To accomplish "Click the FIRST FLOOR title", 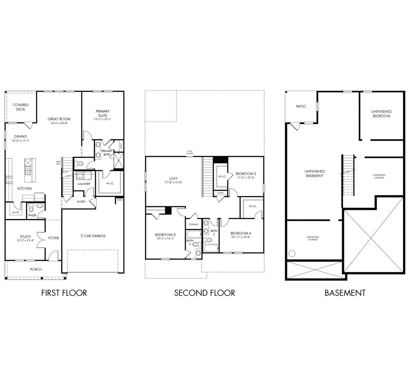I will (x=64, y=293).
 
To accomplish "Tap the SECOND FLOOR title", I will (x=204, y=293).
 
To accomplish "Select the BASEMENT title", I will (x=345, y=293).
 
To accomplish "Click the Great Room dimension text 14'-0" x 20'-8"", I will (x=59, y=123).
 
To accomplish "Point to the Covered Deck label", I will (x=21, y=107).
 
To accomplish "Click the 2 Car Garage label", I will (x=93, y=236).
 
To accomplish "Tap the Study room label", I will (x=25, y=237).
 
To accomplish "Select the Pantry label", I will (x=15, y=213).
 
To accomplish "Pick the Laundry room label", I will (x=84, y=184).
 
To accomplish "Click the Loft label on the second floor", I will (x=174, y=179).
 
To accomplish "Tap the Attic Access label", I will (x=190, y=153).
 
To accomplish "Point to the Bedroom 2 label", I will (x=246, y=173).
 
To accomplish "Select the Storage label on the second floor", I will (x=193, y=225).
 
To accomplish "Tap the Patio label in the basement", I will (x=301, y=106).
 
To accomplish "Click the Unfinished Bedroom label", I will (x=381, y=114).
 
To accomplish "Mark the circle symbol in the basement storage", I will (x=292, y=254).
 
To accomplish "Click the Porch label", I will (x=36, y=269).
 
